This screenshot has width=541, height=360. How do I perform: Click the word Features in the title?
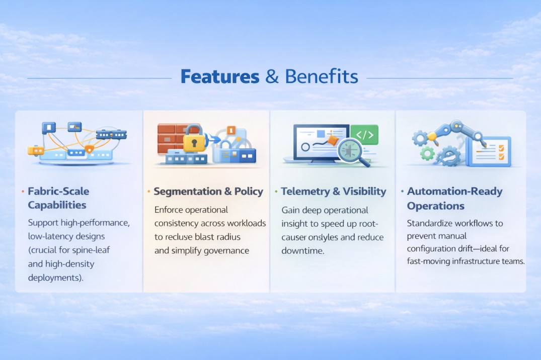click(219, 77)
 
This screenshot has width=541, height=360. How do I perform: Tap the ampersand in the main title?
click(272, 77)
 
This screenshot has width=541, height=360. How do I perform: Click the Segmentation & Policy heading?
click(208, 191)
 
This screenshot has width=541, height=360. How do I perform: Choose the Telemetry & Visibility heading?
click(333, 191)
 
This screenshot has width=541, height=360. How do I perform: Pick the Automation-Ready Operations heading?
click(454, 198)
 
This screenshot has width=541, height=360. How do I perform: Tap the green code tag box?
click(364, 135)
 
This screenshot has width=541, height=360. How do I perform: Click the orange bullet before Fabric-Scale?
click(23, 192)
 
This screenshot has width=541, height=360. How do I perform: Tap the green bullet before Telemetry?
click(276, 192)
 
